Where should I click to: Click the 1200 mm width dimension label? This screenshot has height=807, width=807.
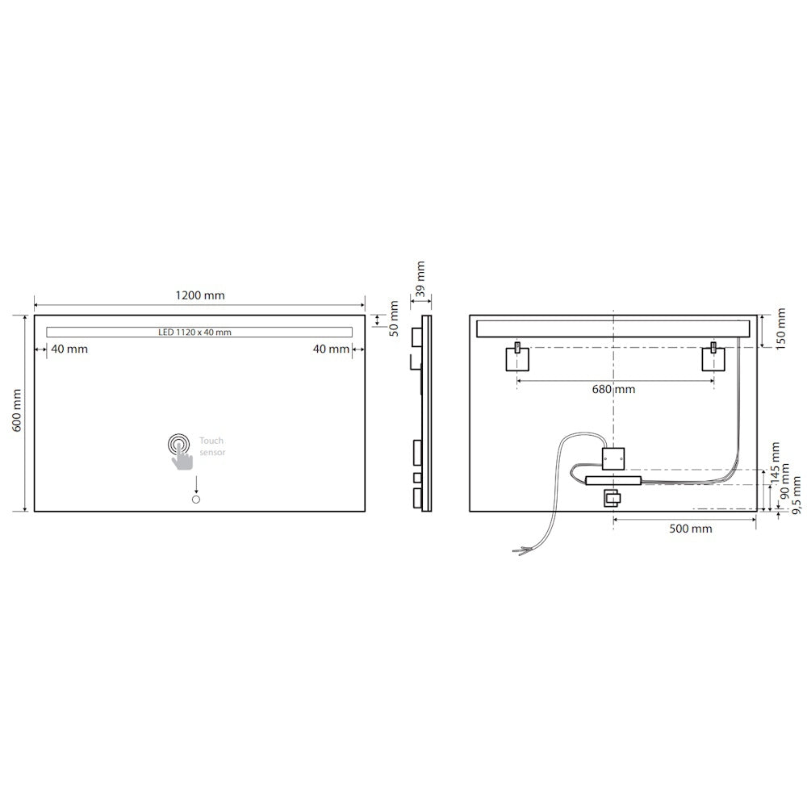pyautogui.click(x=200, y=295)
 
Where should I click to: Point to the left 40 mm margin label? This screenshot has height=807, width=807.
pyautogui.click(x=69, y=349)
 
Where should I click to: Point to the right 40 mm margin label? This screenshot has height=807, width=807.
pyautogui.click(x=331, y=349)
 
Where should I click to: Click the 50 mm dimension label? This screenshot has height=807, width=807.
pyautogui.click(x=394, y=319)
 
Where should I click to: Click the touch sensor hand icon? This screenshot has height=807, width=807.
pyautogui.click(x=182, y=450)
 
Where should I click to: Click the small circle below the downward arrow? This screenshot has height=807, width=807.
pyautogui.click(x=195, y=501)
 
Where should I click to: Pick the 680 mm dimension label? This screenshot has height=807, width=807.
pyautogui.click(x=613, y=389)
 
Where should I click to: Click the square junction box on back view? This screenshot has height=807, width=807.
pyautogui.click(x=614, y=457)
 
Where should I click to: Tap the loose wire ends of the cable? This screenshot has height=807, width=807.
pyautogui.click(x=521, y=551)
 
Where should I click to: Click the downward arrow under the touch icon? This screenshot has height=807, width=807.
pyautogui.click(x=195, y=484)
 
